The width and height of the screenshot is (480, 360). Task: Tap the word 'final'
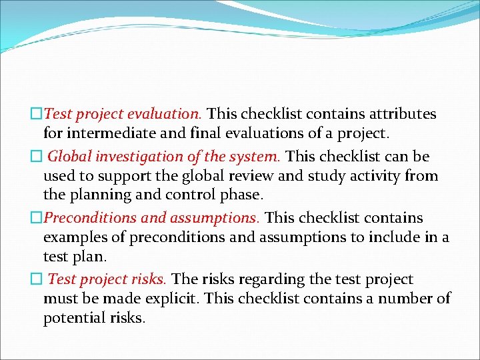click(200, 133)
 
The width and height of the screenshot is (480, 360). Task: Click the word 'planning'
click(101, 195)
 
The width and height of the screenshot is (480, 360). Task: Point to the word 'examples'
click(73, 237)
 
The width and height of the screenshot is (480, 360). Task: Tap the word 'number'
click(408, 299)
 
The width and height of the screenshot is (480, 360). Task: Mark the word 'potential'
click(74, 318)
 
